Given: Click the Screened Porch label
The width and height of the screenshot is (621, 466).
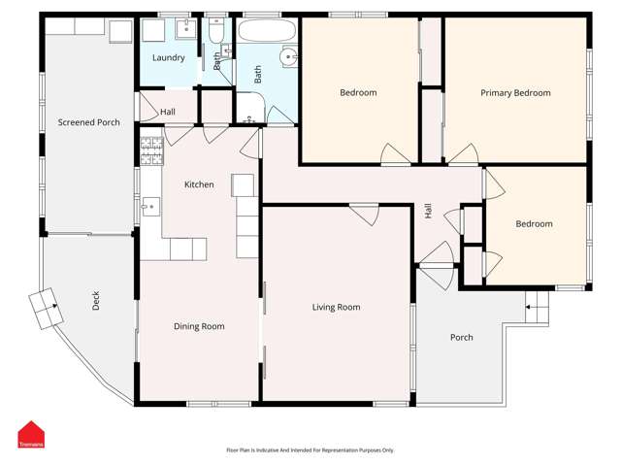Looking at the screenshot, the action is coord(88,122).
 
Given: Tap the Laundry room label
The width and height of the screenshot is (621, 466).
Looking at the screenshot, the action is coord(169,58).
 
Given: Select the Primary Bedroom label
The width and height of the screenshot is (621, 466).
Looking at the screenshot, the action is coord(515,93).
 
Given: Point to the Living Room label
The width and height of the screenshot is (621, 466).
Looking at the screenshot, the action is coord(337,307).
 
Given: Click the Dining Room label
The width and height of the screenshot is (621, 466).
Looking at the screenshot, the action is coord(199,326).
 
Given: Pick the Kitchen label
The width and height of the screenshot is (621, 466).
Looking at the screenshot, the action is coord(199,184).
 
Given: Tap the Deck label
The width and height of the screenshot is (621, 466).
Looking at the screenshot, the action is coord(96,300).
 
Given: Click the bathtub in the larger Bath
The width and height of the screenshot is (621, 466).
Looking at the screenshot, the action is coord(268,31).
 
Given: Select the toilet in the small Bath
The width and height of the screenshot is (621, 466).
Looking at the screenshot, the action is coord(216,31).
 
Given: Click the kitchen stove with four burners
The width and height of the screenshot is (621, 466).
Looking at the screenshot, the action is coord(151,150).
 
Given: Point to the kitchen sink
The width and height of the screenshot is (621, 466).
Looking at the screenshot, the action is coord(151,207).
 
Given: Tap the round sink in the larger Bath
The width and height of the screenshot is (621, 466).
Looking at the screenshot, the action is coord(288,57).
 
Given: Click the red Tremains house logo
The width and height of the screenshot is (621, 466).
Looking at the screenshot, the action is coord(31,434).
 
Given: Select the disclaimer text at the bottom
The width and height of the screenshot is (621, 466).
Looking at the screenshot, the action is coord(310,450).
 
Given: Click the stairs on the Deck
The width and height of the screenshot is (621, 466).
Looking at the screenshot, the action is coord(46,309).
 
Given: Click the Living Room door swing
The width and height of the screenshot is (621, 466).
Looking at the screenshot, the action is coord(365,215).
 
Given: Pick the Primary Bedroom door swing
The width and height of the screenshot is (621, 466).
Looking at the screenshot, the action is coord(464,153).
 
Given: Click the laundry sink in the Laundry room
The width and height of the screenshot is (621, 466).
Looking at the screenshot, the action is coord(185,28).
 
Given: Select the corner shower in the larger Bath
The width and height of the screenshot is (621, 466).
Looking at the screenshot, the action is coord(250,108).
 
